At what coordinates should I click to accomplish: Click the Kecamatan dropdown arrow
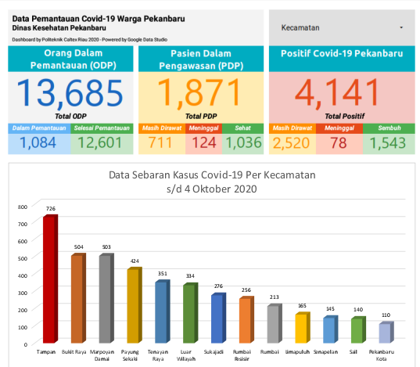click(x=401, y=27)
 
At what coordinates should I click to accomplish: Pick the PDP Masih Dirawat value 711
click(x=161, y=142)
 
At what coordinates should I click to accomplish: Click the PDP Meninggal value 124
click(x=203, y=142)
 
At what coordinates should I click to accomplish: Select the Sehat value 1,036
click(x=242, y=142)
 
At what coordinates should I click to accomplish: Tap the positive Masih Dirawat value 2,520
click(x=291, y=142)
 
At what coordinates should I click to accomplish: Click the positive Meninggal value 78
click(x=339, y=142)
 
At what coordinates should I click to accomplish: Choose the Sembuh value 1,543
click(x=385, y=142)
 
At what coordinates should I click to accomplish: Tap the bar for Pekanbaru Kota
click(x=384, y=333)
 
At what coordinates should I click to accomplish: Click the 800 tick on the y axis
click(x=23, y=207)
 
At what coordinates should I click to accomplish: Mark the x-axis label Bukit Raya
click(x=77, y=352)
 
